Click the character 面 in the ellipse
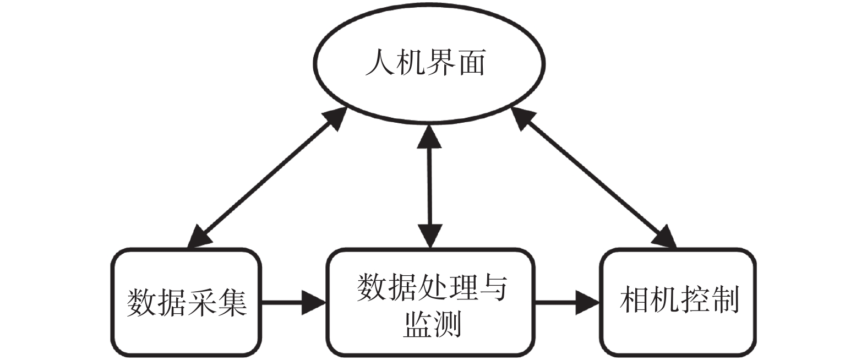coord(472,62)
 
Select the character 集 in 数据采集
coord(232,302)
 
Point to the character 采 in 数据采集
coord(201,302)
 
